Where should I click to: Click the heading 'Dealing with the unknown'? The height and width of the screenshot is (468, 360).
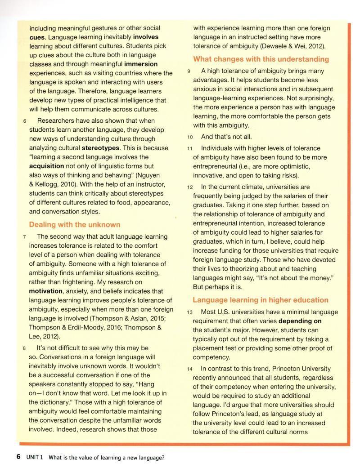(74, 224)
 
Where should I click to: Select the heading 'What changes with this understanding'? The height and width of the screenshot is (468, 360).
(261, 59)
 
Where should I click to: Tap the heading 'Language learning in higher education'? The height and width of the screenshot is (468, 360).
(261, 300)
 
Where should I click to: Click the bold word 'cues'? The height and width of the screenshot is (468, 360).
(37, 37)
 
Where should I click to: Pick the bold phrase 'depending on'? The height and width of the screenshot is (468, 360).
(300, 321)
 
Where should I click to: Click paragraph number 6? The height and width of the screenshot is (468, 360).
(25, 121)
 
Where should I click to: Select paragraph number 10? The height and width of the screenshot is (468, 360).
(190, 137)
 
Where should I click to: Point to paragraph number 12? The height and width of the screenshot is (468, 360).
(190, 187)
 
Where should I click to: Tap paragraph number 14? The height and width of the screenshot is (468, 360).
(190, 369)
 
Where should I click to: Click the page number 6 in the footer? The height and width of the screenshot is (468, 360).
(18, 457)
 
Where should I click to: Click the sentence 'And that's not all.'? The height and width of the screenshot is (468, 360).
(226, 137)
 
